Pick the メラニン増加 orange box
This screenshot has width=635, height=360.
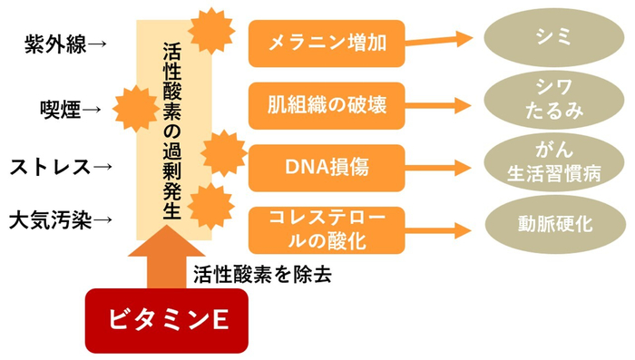[327, 42]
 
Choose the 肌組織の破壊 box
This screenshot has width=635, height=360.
[327, 103]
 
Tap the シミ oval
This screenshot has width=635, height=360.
[552, 37]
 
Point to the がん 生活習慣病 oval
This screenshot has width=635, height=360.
[552, 160]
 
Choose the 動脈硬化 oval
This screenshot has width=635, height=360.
[552, 222]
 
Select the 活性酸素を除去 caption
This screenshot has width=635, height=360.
[262, 274]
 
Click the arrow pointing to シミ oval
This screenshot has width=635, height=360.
[440, 40]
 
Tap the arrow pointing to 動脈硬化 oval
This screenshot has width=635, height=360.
[440, 227]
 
